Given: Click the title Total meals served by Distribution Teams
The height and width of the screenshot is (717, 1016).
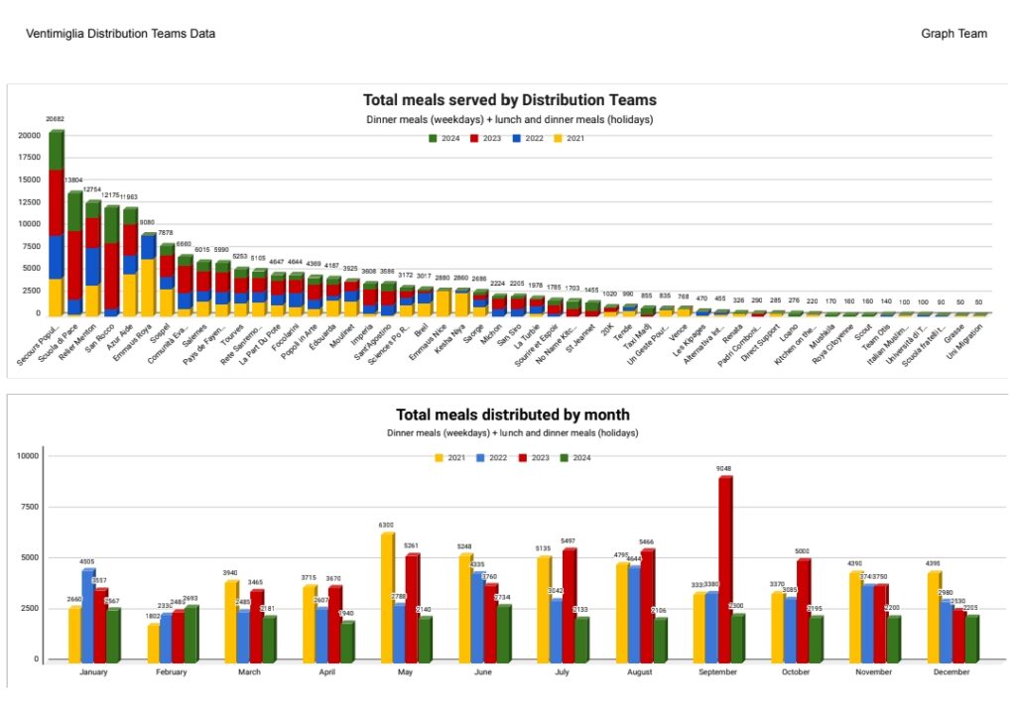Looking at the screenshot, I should (x=509, y=100).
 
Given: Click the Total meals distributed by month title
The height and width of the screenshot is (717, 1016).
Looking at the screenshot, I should (x=512, y=415).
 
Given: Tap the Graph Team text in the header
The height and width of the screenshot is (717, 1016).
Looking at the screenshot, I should (x=953, y=34).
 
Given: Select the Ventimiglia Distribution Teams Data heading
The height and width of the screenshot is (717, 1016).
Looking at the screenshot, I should (x=121, y=34).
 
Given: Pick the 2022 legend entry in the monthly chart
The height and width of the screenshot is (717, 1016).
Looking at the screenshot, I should (x=493, y=456).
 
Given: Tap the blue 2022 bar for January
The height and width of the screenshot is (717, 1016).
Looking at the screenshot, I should (x=88, y=614).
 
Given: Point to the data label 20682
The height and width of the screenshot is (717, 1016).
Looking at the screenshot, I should (x=55, y=119).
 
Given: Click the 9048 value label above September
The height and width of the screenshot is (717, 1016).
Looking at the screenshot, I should (x=725, y=468).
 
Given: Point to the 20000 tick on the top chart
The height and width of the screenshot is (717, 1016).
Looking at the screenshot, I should (x=29, y=135).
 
